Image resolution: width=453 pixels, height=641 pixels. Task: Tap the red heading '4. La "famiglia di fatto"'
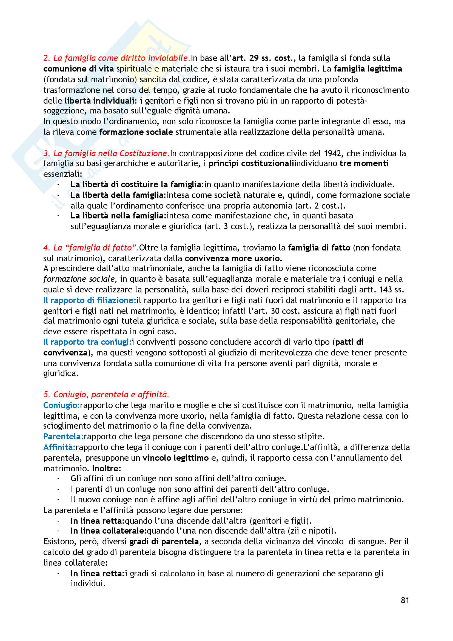91,248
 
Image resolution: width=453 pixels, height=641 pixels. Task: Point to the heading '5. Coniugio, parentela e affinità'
106,394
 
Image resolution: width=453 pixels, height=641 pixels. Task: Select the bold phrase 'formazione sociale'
136,132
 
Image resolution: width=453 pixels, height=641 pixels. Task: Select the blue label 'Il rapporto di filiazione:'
90,300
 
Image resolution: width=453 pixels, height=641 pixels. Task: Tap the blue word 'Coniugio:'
61,405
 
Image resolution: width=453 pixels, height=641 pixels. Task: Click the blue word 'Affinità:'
59,447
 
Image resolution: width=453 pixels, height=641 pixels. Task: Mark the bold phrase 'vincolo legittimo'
176,458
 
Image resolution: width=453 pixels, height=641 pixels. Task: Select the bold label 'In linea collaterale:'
109,531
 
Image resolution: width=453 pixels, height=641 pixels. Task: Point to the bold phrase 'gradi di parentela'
164,542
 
